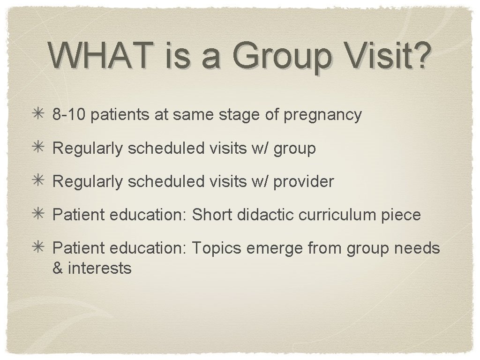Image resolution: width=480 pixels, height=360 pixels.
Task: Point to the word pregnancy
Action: point(322,115)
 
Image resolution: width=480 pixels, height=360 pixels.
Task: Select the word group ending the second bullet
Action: point(295,149)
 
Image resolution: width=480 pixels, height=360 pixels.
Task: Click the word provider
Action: point(303,182)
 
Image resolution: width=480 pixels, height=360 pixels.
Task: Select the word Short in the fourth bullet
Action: point(212,215)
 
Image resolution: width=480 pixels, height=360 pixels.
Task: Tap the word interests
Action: point(100,268)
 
